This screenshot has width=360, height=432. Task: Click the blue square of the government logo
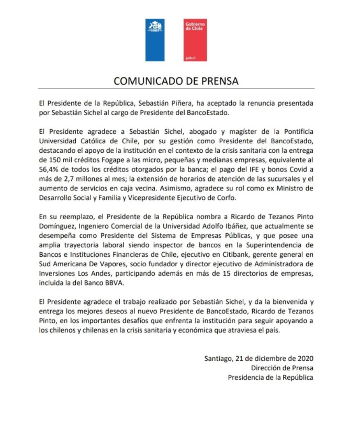click(x=154, y=40)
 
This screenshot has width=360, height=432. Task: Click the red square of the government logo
click(x=196, y=40)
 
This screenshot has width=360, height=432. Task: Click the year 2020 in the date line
click(x=304, y=358)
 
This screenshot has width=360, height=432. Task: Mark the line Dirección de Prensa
click(x=283, y=368)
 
